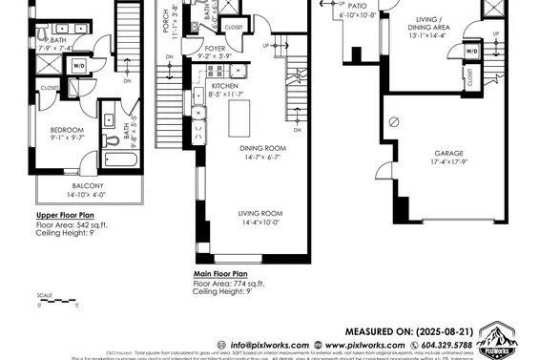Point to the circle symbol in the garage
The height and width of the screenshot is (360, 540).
click(392, 122)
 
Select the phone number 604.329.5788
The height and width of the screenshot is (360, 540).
click(442, 345)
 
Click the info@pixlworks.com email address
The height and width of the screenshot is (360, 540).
click(271, 345)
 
